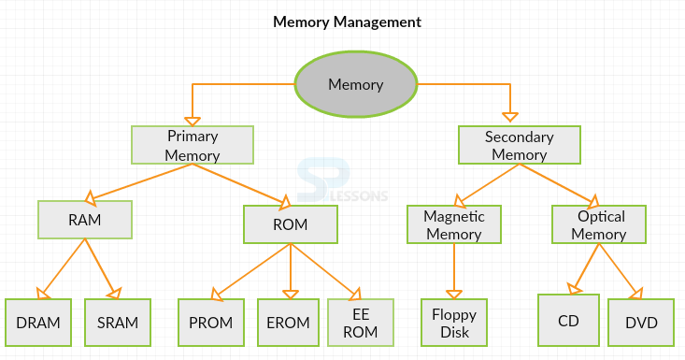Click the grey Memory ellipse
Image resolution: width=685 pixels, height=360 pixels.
coord(356,84)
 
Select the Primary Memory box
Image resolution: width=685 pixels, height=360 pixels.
coord(193,145)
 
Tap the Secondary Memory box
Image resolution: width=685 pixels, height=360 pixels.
coord(520,145)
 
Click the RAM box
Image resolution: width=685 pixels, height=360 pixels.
coord(85,220)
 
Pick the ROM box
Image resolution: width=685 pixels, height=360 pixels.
coord(291,224)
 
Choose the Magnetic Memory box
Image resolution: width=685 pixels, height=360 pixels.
coord(454,224)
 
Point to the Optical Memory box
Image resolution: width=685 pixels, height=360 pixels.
coord(599,224)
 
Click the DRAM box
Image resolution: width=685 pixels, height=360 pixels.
coord(38,323)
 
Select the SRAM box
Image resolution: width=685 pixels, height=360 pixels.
coord(118,323)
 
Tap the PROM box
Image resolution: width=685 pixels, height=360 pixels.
coord(211,323)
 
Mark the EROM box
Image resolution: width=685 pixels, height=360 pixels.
coord(289,323)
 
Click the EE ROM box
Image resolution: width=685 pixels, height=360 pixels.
coord(361,323)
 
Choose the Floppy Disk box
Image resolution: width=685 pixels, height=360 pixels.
coord(454,323)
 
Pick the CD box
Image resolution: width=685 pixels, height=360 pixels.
coord(568,320)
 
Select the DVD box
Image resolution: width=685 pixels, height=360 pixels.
coord(641,323)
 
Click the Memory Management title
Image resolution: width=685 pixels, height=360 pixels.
coord(348,22)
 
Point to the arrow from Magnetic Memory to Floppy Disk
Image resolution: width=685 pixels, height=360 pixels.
coord(454,271)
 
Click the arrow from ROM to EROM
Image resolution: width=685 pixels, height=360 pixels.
coord(291,271)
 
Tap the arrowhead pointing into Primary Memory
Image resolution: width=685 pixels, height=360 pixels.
coord(193,122)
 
